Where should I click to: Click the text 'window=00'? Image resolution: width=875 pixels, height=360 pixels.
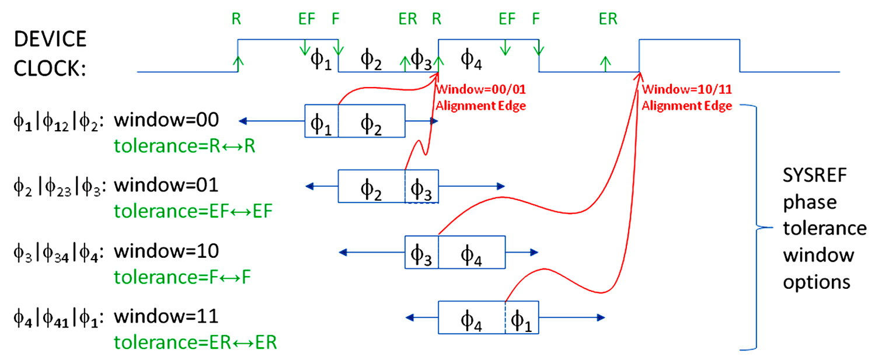[x=166, y=121]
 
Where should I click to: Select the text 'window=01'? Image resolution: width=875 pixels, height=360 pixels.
[x=166, y=186]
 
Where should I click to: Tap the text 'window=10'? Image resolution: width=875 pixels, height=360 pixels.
[x=166, y=251]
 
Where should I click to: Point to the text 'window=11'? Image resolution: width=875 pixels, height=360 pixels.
[x=166, y=317]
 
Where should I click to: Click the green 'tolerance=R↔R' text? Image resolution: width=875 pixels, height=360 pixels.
[x=185, y=145]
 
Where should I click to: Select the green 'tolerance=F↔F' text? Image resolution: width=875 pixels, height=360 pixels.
[x=182, y=277]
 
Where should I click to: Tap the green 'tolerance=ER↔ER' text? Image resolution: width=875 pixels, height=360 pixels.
[x=195, y=342]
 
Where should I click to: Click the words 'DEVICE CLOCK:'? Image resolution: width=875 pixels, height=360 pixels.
[x=50, y=54]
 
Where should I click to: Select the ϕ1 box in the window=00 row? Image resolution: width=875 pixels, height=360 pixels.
[x=321, y=121]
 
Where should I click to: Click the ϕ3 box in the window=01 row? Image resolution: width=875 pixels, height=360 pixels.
[x=421, y=187]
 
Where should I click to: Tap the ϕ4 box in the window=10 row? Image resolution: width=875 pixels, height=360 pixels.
[x=471, y=252]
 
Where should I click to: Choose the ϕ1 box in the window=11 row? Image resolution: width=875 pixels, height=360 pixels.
[x=521, y=317]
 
